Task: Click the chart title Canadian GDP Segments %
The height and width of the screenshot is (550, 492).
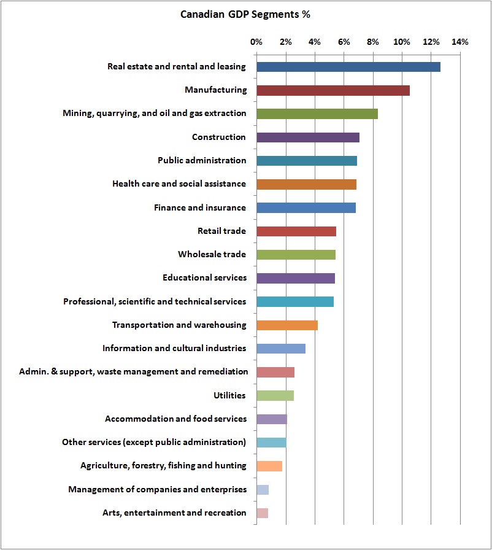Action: point(245,15)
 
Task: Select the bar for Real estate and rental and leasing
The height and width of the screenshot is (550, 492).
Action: point(348,67)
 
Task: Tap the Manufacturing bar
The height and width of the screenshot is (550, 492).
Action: point(332,90)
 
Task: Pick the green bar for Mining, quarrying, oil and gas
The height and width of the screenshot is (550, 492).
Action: point(317,114)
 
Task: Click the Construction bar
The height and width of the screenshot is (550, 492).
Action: point(307,137)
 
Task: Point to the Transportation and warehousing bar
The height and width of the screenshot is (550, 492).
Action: point(286,325)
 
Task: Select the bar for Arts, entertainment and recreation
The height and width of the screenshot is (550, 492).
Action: point(262,513)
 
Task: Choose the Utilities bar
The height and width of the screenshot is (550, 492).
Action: point(275,396)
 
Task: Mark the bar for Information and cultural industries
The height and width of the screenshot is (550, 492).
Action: point(280,349)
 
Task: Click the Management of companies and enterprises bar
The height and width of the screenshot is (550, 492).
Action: point(263,490)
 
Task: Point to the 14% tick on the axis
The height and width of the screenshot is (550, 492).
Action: point(459,42)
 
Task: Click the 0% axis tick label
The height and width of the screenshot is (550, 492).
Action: point(256,42)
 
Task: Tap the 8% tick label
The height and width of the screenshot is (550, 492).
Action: point(372,42)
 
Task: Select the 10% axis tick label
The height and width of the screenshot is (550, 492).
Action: point(402,42)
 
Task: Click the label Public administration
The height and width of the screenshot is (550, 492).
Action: point(201,161)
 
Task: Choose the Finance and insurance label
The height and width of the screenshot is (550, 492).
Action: point(199,208)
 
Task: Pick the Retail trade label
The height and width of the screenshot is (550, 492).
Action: point(221,231)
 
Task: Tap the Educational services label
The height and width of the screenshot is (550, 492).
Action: point(204,278)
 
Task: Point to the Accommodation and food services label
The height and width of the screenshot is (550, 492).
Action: point(175,419)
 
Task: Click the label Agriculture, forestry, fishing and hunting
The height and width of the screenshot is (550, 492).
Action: point(163,466)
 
